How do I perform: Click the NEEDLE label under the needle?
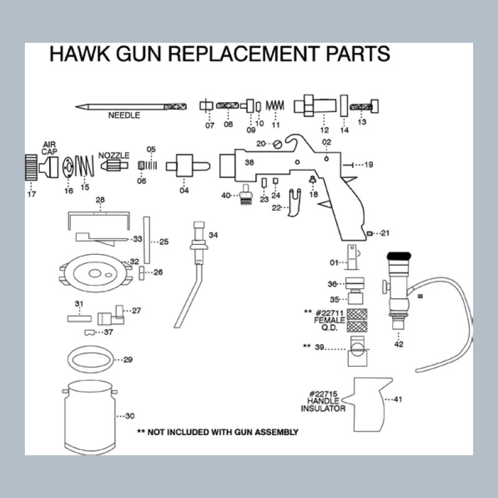[x=124, y=115]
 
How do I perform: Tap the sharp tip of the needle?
[x=76, y=106]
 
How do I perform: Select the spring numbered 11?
[x=275, y=105]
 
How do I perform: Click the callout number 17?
[x=32, y=194]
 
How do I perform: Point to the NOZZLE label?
[x=114, y=155]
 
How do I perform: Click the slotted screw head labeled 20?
[x=278, y=144]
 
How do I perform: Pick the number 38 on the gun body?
[x=250, y=162]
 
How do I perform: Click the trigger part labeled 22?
[x=294, y=203]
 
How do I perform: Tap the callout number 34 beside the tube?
[x=213, y=235]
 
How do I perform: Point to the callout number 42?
[x=398, y=344]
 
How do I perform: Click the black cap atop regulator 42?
[x=399, y=256]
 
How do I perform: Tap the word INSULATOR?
[x=323, y=408]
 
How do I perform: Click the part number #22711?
[x=330, y=313]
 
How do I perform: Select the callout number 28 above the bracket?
[x=100, y=200]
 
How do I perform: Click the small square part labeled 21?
[x=369, y=234]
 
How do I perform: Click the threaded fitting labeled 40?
[x=246, y=194]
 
